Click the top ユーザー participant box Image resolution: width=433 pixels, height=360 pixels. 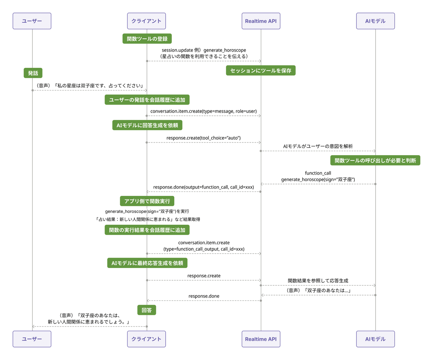32,21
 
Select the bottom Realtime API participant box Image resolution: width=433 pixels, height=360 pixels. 261,339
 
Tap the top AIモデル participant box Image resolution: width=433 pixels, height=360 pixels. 375,21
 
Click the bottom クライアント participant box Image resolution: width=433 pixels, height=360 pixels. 146,339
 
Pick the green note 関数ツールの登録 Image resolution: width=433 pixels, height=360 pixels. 147,39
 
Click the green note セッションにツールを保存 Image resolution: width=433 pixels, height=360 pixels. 261,70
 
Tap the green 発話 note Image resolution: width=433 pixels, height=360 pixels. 33,73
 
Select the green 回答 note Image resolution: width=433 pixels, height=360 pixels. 146,310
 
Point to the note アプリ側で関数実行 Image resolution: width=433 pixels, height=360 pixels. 147,201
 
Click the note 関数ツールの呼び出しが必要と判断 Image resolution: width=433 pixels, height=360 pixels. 375,160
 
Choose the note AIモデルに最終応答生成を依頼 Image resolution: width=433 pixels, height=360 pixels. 147,263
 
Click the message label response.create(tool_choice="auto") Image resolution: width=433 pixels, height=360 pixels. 204,138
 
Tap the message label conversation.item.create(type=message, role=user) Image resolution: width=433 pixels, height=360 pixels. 204,111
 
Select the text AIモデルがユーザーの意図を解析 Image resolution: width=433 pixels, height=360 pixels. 318,146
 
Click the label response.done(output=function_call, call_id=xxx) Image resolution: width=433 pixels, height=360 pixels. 204,187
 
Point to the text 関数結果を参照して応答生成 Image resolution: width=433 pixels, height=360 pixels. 318,281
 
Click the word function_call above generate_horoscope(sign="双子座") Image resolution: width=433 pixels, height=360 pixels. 318,173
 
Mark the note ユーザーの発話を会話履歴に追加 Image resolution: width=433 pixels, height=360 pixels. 147,100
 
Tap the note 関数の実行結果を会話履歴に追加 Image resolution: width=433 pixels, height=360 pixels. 147,230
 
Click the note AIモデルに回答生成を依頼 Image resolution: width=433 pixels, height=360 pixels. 147,125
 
